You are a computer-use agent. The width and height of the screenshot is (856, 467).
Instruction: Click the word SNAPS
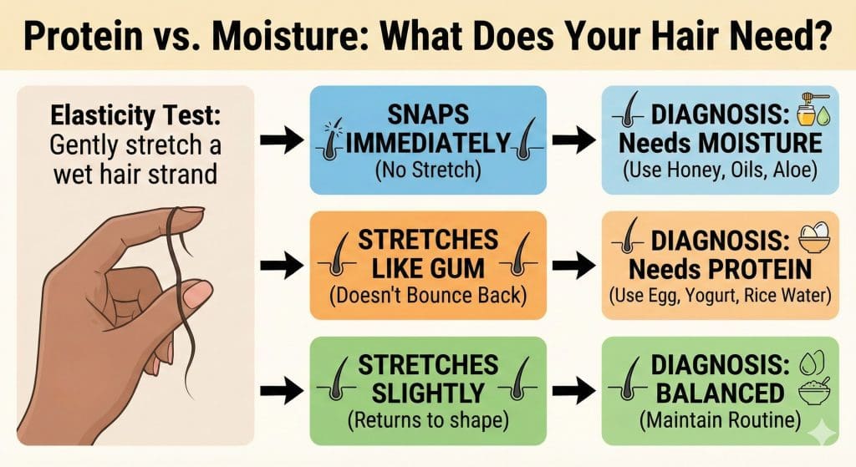[427, 116]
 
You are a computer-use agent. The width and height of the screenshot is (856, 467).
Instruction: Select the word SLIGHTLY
[427, 393]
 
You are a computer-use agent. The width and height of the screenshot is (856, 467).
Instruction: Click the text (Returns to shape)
[427, 419]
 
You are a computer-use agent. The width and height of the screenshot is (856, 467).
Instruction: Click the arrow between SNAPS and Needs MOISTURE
[574, 141]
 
